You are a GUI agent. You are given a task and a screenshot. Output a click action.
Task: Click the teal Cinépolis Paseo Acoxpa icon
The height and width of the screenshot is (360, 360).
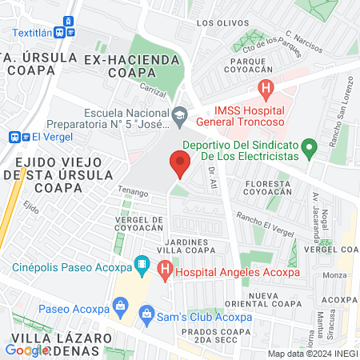click(142, 263)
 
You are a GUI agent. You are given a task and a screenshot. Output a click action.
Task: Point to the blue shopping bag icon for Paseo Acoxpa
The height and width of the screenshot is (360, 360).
click(121, 304)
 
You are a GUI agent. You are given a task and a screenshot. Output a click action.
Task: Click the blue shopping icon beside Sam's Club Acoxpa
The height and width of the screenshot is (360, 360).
click(147, 317)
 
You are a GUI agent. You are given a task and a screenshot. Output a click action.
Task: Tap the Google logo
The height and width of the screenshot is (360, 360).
click(27, 349)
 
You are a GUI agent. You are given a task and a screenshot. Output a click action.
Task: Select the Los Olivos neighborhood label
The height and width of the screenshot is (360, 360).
click(217, 23)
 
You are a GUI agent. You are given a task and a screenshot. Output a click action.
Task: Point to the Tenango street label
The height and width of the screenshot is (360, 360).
click(134, 193)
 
